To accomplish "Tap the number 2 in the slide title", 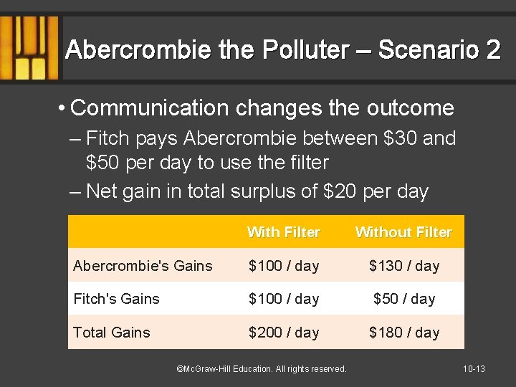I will (x=492, y=50).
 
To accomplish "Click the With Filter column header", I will (x=283, y=232).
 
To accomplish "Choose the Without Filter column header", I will (x=403, y=232).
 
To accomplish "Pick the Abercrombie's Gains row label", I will (x=143, y=266).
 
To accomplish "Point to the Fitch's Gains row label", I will (x=116, y=299).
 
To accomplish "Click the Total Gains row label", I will (x=112, y=333).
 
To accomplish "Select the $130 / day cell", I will (x=403, y=266).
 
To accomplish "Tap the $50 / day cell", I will (x=403, y=299).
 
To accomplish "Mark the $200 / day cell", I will (x=283, y=333).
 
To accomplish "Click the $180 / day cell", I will (x=403, y=333).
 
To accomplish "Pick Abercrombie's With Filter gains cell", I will (x=283, y=266).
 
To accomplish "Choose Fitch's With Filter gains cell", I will (x=283, y=299).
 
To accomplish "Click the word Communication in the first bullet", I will (x=149, y=108).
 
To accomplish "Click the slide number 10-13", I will (x=474, y=369).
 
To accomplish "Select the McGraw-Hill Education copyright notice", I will (x=261, y=369).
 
